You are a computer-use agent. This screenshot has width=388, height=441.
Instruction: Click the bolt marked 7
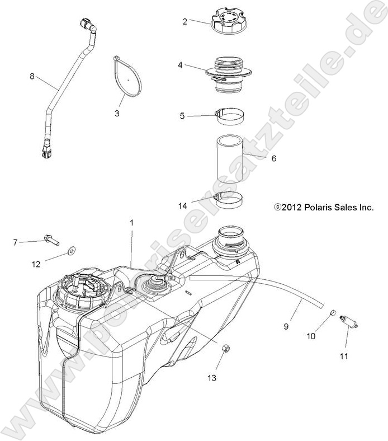click(x=51, y=241)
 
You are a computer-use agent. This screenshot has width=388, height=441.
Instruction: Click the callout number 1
click(x=132, y=223)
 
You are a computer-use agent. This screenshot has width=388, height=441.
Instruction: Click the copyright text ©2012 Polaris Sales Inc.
click(x=324, y=207)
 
